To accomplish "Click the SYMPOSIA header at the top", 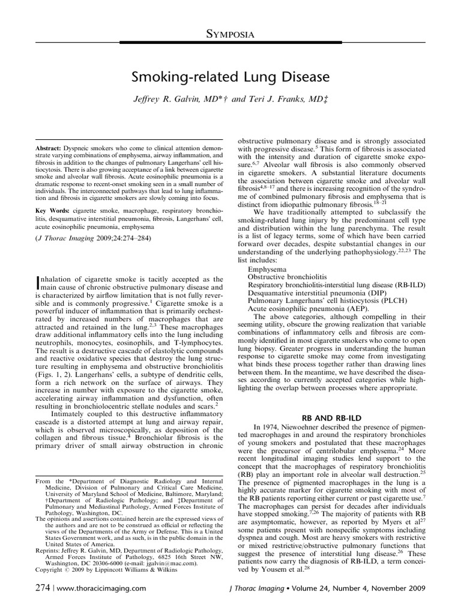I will point(230,35).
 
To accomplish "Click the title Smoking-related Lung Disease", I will point(230,77).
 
